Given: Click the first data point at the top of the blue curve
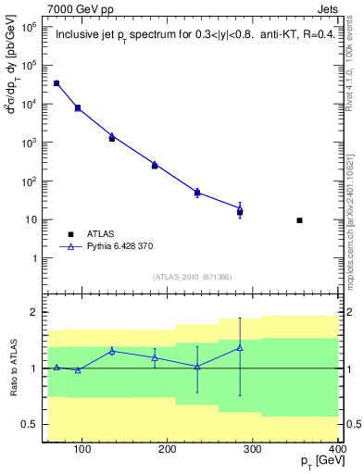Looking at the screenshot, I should [56, 83].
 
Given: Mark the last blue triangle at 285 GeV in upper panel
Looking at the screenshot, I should [240, 210].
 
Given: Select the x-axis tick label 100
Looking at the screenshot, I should [82, 451].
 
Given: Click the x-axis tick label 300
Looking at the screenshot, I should [253, 451].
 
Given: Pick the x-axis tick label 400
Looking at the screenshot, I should [336, 451].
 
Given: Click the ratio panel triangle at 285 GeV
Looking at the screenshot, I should [240, 348].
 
